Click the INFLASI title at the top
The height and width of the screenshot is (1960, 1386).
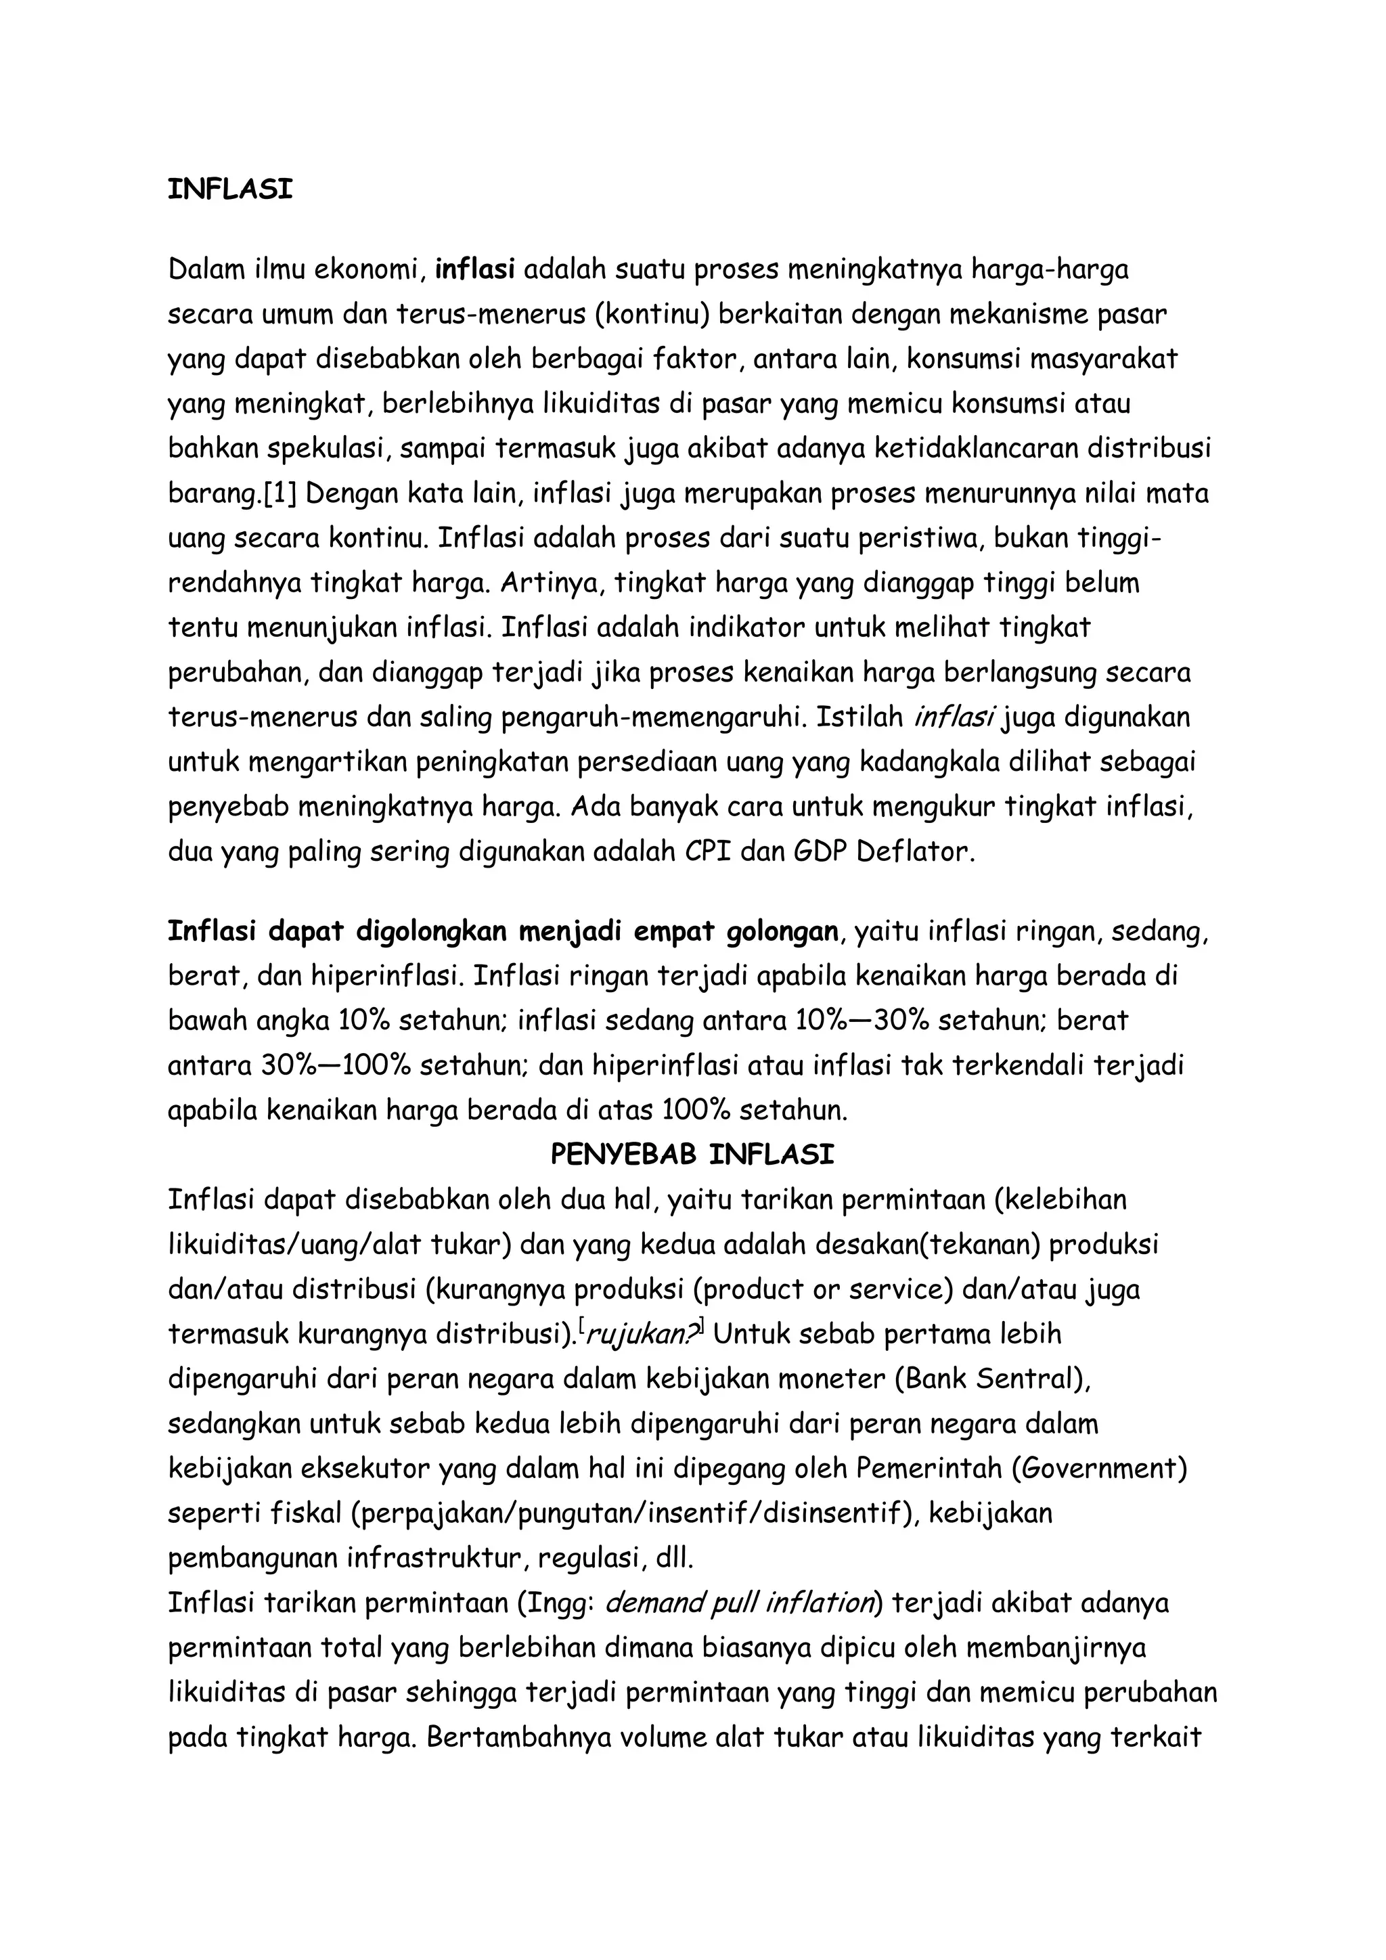(229, 190)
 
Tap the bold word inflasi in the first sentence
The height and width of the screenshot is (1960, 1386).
(474, 270)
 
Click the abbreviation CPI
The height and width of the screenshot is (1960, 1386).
(707, 852)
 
